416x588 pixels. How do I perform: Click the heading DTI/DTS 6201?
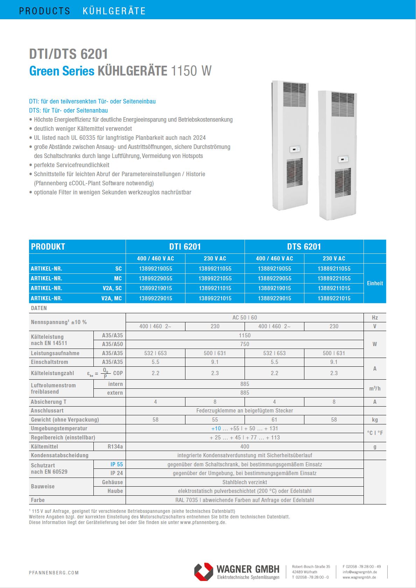(x=69, y=54)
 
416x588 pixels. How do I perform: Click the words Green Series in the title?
(x=62, y=71)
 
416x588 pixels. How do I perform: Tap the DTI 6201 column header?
(x=185, y=246)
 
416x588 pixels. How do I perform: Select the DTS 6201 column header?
(x=304, y=246)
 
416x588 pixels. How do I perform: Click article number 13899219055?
(x=155, y=268)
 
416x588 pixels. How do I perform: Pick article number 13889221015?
(x=334, y=298)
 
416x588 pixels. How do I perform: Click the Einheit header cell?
(x=375, y=283)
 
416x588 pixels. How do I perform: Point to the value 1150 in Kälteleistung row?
(x=245, y=335)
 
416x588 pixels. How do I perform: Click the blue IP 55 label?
(x=117, y=464)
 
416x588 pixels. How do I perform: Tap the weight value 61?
(x=274, y=420)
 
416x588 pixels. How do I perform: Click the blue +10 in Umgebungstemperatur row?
(x=216, y=428)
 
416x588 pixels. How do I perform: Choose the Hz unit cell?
(x=375, y=317)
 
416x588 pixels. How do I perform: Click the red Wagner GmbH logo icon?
(x=204, y=572)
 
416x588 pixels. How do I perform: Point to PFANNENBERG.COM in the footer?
(x=54, y=573)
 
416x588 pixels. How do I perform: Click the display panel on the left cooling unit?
(x=295, y=149)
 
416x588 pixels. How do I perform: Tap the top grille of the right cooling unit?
(x=343, y=100)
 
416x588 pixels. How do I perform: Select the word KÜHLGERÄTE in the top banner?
(x=114, y=11)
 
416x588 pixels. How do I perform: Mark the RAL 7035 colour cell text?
(x=245, y=500)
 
